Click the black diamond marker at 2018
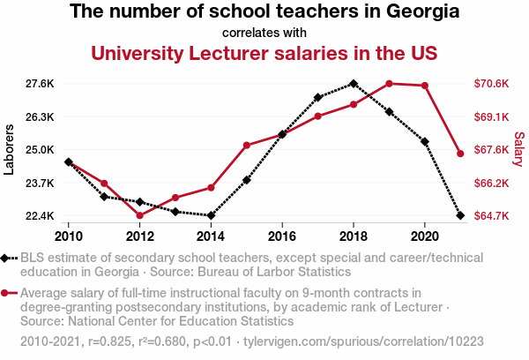pyautogui.click(x=353, y=84)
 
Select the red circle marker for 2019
pyautogui.click(x=389, y=84)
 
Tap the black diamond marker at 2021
pyautogui.click(x=460, y=215)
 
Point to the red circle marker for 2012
pyautogui.click(x=139, y=215)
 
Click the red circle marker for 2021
pyautogui.click(x=460, y=154)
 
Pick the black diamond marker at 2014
pyautogui.click(x=211, y=215)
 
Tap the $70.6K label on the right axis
pyautogui.click(x=491, y=84)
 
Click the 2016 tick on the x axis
pyautogui.click(x=282, y=236)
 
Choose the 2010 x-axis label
pyautogui.click(x=68, y=236)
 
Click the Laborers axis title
pyautogui.click(x=10, y=150)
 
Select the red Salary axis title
pyautogui.click(x=519, y=150)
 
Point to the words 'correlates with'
pyautogui.click(x=264, y=33)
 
